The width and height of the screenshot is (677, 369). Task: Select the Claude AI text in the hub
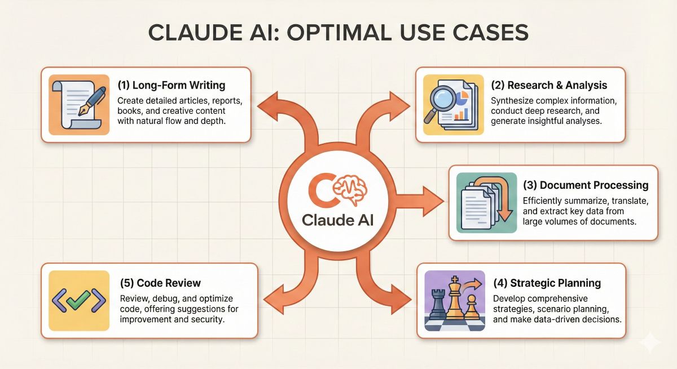338,220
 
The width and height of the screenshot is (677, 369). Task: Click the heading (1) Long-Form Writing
172,86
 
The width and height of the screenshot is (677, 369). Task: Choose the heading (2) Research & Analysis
549,86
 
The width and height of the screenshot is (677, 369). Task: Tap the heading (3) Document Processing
586,185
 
